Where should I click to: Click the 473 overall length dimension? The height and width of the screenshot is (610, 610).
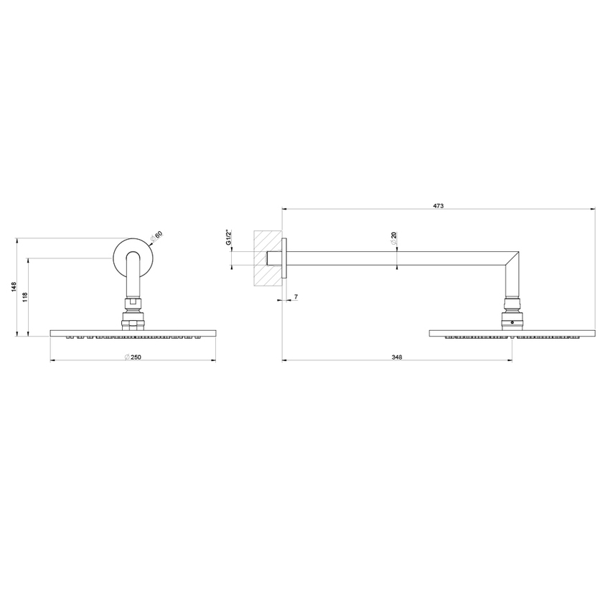[x=438, y=206]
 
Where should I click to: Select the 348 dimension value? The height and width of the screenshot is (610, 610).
[x=396, y=357]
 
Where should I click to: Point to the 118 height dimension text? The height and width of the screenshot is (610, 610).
[x=25, y=296]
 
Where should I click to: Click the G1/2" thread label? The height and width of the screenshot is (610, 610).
[x=228, y=238]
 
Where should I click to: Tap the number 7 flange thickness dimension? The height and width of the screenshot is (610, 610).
[x=295, y=296]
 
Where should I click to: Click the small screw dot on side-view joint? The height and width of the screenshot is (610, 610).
[x=512, y=324]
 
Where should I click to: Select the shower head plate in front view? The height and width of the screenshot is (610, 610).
[x=133, y=332]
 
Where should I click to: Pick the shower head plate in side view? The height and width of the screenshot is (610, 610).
[x=512, y=332]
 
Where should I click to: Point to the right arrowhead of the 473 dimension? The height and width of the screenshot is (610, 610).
[x=593, y=210]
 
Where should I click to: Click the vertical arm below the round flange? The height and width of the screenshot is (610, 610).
[x=133, y=280]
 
